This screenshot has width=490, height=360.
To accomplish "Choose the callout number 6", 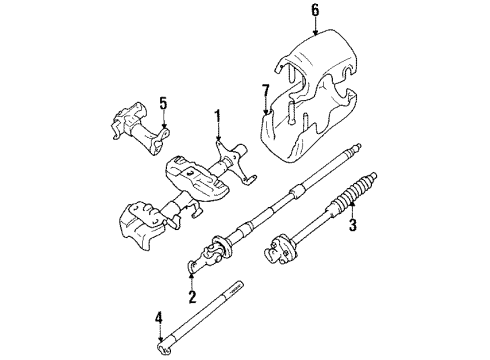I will (x=314, y=12).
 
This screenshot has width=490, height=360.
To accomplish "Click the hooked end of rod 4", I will (x=163, y=347).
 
